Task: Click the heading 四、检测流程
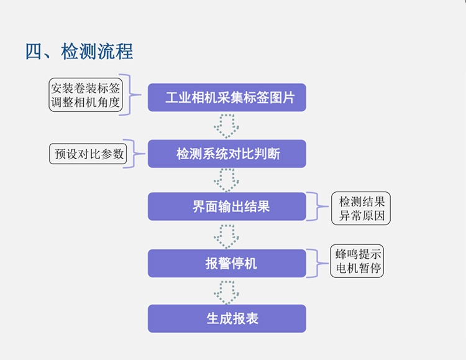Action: tap(79, 51)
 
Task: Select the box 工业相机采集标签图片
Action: tap(227, 98)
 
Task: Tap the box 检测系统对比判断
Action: tap(227, 154)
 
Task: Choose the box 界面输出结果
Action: tap(227, 206)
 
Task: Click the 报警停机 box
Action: tap(227, 264)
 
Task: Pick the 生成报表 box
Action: tap(227, 318)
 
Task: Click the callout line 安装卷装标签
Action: tap(85, 88)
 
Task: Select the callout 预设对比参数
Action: tap(88, 154)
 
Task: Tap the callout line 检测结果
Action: tap(362, 201)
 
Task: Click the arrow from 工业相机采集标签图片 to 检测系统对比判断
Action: tap(226, 126)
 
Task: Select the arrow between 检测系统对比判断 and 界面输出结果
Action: tap(226, 180)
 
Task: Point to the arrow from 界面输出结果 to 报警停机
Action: tap(226, 235)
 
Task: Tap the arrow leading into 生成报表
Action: tap(226, 291)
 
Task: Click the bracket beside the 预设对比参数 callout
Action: tap(132, 153)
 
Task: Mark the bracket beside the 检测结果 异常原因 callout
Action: tap(319, 206)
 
